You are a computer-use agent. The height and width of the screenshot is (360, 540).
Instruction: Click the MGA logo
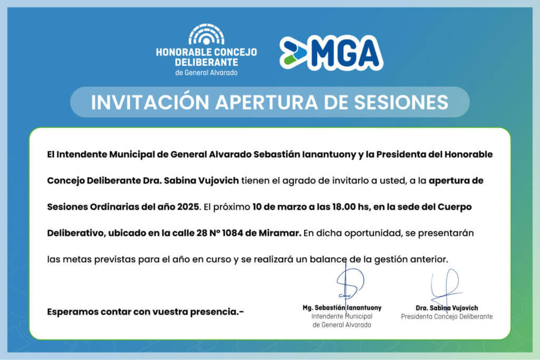(x=331, y=53)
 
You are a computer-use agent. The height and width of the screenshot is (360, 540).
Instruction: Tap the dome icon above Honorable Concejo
(x=206, y=34)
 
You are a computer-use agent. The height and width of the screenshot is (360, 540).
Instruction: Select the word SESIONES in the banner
(x=401, y=102)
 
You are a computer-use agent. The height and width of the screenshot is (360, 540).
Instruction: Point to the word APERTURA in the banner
(x=266, y=102)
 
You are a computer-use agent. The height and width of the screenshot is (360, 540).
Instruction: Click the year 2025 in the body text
(x=188, y=207)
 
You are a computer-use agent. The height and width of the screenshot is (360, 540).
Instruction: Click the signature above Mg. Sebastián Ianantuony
(x=350, y=284)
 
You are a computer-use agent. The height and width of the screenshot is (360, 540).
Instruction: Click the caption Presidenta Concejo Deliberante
(x=447, y=316)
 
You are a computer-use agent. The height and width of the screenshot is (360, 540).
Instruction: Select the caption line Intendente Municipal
(x=342, y=316)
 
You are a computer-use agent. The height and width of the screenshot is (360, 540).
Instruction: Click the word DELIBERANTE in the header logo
(x=206, y=62)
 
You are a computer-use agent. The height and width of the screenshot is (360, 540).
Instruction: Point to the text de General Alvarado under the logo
(x=206, y=73)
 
